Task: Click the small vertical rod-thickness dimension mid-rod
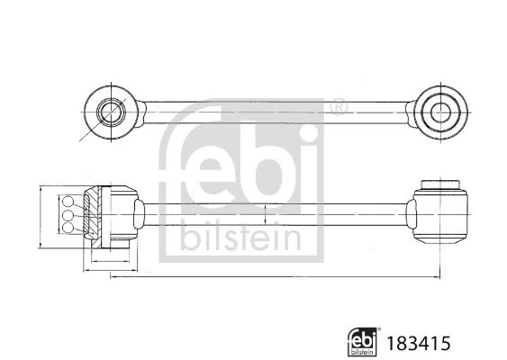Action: point(267,216)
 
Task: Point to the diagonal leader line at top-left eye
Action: point(86,133)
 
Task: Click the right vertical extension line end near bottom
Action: point(438,270)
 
